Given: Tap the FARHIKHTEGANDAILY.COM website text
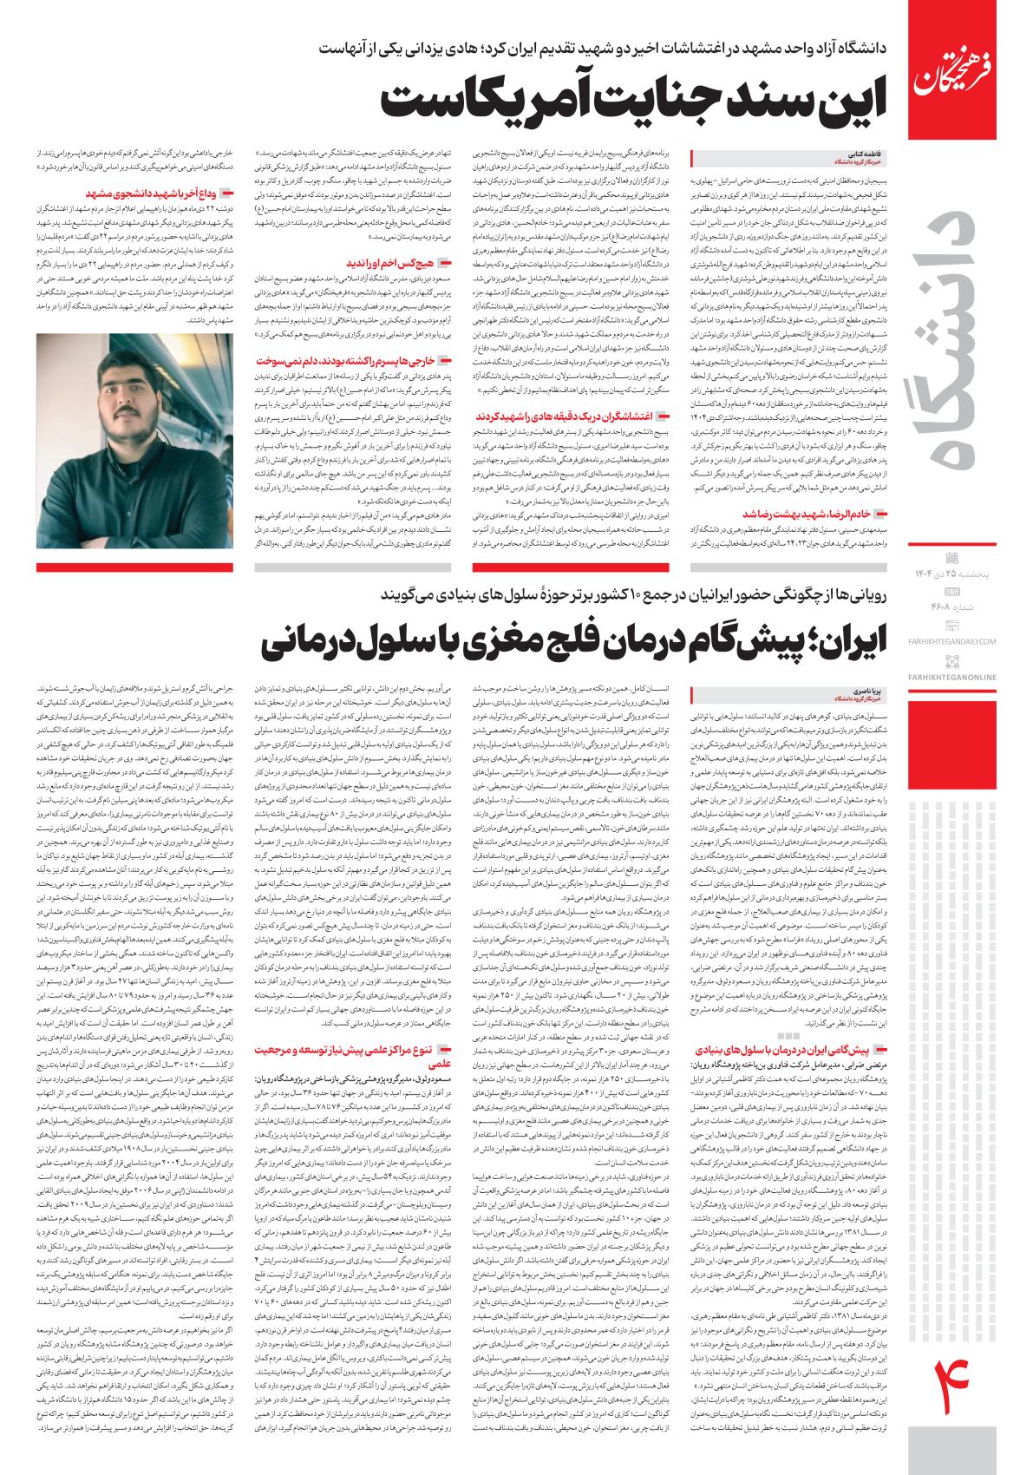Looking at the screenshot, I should pos(967,640).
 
